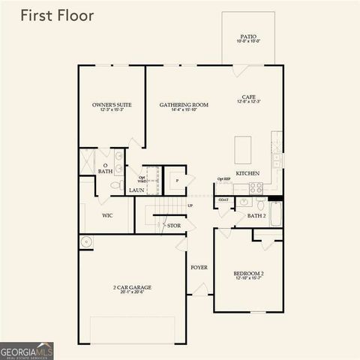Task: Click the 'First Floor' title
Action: coord(56,16)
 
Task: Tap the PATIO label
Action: coord(248,38)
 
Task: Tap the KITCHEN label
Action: coord(247,173)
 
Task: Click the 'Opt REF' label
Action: coord(223,180)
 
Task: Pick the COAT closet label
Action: coord(223,200)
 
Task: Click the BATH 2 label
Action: coord(256,216)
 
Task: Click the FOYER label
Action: coord(199,267)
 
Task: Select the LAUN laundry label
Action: coord(136,190)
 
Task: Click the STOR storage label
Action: coord(173,225)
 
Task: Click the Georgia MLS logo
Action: coord(27,350)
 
